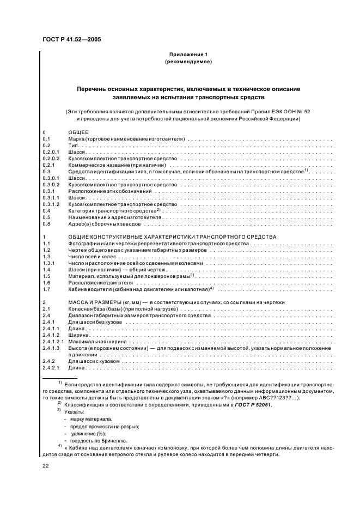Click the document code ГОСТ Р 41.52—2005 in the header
click(x=71, y=40)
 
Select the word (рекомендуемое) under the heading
click(x=188, y=63)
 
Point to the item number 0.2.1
click(x=50, y=164)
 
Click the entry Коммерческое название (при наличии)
click(x=117, y=164)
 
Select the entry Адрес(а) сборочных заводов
click(x=104, y=224)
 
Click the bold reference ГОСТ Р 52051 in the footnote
click(x=252, y=405)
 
